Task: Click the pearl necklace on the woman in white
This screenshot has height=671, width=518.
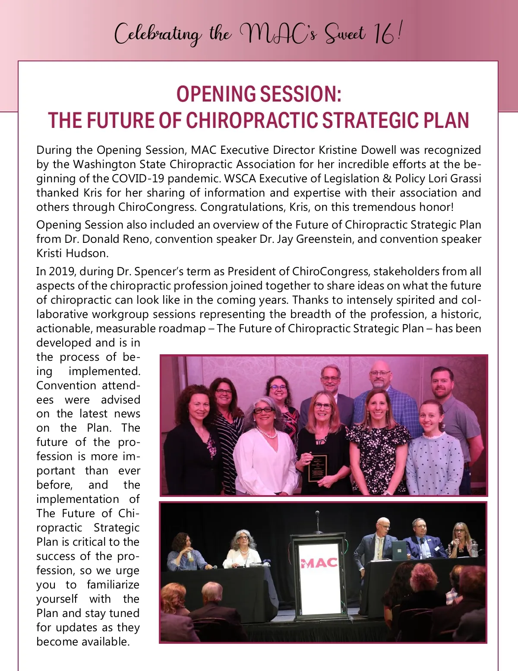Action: pyautogui.click(x=267, y=432)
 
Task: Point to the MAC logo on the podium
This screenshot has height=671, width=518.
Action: pyautogui.click(x=319, y=563)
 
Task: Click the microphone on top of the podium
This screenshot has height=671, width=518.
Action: pyautogui.click(x=317, y=514)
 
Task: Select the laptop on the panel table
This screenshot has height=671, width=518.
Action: pyautogui.click(x=399, y=550)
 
